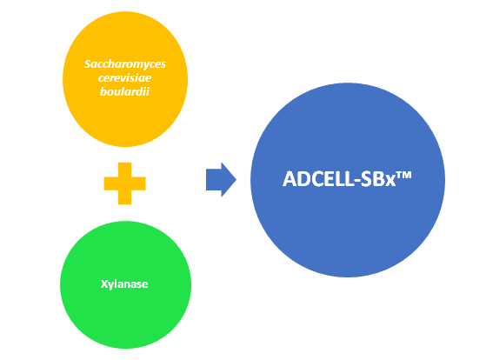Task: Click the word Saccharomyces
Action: pos(125,64)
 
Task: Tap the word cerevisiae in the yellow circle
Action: pos(124,78)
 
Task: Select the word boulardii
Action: pos(124,91)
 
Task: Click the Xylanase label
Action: pos(124,284)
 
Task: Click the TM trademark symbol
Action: pos(403,175)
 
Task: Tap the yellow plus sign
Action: pos(125,183)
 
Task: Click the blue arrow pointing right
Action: pos(221,179)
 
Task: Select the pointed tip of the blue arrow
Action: pos(236,179)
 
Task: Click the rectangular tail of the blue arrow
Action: pos(214,179)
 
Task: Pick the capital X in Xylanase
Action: pos(103,283)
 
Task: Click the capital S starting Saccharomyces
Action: pos(88,63)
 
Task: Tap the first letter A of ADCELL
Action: pos(290,179)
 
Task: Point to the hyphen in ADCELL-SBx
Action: pos(356,181)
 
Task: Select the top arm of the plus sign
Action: pos(125,170)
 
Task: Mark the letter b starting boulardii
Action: pos(103,91)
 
